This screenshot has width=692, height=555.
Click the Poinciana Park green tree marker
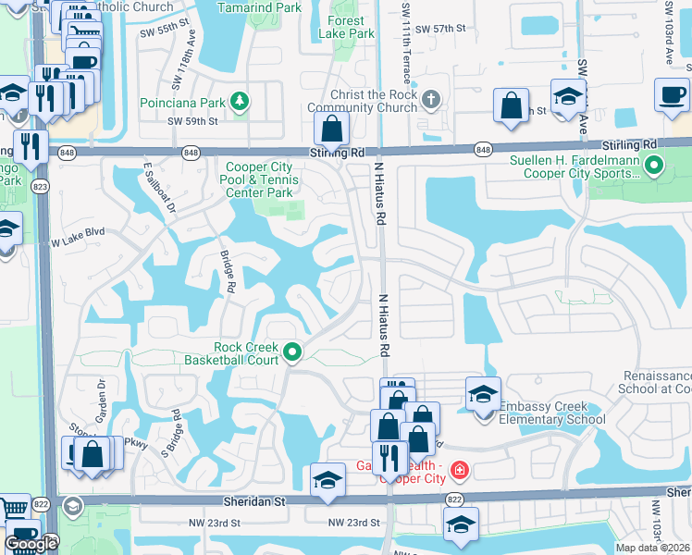click(x=240, y=100)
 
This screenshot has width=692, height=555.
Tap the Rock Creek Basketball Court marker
click(x=293, y=351)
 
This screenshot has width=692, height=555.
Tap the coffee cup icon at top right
click(x=671, y=93)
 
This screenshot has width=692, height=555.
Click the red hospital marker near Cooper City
click(x=460, y=471)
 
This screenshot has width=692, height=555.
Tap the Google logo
click(x=31, y=545)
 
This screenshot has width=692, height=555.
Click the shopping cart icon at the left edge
click(x=12, y=508)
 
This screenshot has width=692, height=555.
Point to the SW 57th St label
click(x=440, y=30)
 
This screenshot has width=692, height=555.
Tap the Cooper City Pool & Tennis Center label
click(x=260, y=180)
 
